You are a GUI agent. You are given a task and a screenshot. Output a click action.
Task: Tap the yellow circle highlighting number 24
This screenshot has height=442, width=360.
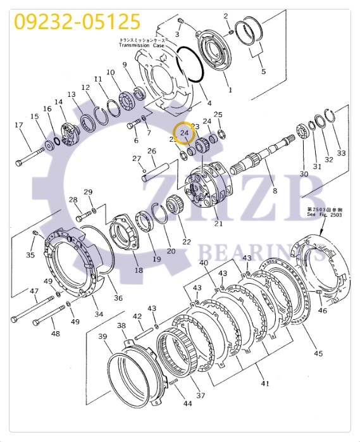click(x=185, y=133)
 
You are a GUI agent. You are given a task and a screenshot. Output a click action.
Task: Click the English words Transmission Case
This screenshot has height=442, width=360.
click(x=142, y=46)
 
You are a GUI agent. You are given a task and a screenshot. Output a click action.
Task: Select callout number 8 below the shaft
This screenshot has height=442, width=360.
click(x=274, y=190)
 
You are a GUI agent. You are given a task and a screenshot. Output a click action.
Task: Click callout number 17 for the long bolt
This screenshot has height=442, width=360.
click(x=19, y=125)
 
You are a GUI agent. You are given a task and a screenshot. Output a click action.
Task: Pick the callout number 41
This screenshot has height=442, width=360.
click(x=265, y=384)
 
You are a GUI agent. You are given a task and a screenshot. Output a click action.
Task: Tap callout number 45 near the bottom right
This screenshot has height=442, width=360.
click(x=318, y=353)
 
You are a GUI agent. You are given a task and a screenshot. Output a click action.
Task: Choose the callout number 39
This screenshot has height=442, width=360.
click(x=102, y=338)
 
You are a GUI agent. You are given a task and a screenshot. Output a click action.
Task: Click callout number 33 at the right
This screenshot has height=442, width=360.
click(x=341, y=153)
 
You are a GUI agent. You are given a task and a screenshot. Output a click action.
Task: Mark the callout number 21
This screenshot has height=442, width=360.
click(x=219, y=223)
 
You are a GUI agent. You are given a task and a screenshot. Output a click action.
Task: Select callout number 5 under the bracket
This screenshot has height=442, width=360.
click(x=264, y=71)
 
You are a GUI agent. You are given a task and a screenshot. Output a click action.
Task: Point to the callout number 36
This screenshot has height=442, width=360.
click(x=118, y=298)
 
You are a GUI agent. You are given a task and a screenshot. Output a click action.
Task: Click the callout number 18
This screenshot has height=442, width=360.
click(x=139, y=270)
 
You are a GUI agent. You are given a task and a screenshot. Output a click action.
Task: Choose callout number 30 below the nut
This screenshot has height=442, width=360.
click(x=304, y=174)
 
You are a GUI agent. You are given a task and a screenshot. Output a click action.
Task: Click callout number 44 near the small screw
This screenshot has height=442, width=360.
click(x=187, y=403)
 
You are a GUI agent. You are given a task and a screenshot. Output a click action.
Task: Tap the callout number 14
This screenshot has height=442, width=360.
click(x=59, y=102)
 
